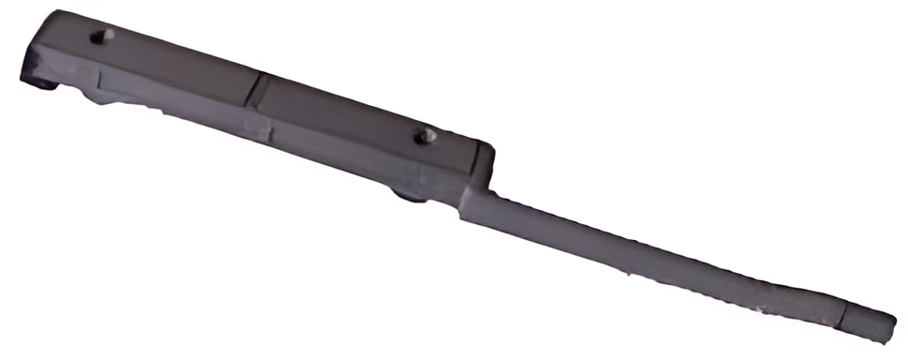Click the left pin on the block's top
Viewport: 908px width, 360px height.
[x=101, y=36]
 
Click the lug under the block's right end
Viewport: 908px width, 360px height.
[x=409, y=194]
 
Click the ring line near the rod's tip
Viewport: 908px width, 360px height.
[x=845, y=315]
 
